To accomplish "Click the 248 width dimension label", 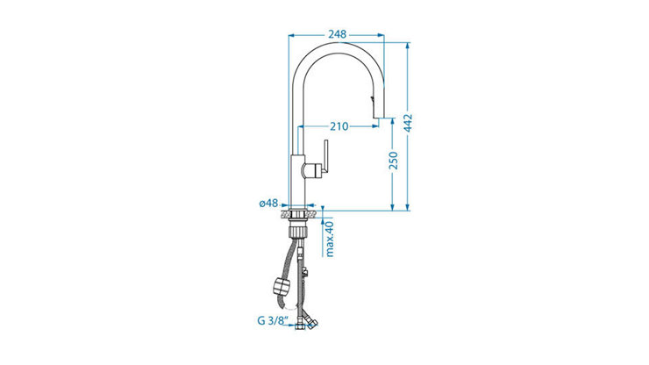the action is tap(337, 34).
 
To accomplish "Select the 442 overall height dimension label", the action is tap(408, 123).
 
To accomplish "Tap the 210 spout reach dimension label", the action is tap(339, 126).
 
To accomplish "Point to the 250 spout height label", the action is tap(393, 161).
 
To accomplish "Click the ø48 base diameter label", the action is tap(268, 203).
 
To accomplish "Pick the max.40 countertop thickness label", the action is tap(330, 239).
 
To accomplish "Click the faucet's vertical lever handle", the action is tap(325, 156).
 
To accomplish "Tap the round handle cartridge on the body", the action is tap(312, 170).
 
